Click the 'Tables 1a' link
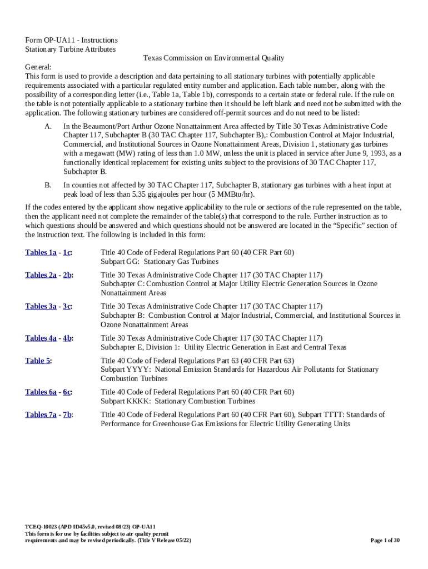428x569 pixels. pyautogui.click(x=41, y=253)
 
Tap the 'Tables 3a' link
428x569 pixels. pyautogui.click(x=41, y=307)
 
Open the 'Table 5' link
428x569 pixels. pyautogui.click(x=38, y=361)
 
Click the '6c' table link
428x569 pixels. pyautogui.click(x=67, y=392)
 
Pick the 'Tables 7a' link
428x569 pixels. pyautogui.click(x=41, y=415)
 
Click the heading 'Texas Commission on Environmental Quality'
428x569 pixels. pyautogui.click(x=213, y=58)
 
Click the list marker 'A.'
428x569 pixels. pyautogui.click(x=48, y=127)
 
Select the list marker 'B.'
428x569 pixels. pyautogui.click(x=48, y=185)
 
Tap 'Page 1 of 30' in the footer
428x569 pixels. pyautogui.click(x=385, y=540)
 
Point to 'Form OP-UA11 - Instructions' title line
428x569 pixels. pyautogui.click(x=71, y=40)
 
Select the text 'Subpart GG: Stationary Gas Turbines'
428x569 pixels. pyautogui.click(x=160, y=262)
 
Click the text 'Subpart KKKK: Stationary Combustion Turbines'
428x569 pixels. pyautogui.click(x=178, y=401)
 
